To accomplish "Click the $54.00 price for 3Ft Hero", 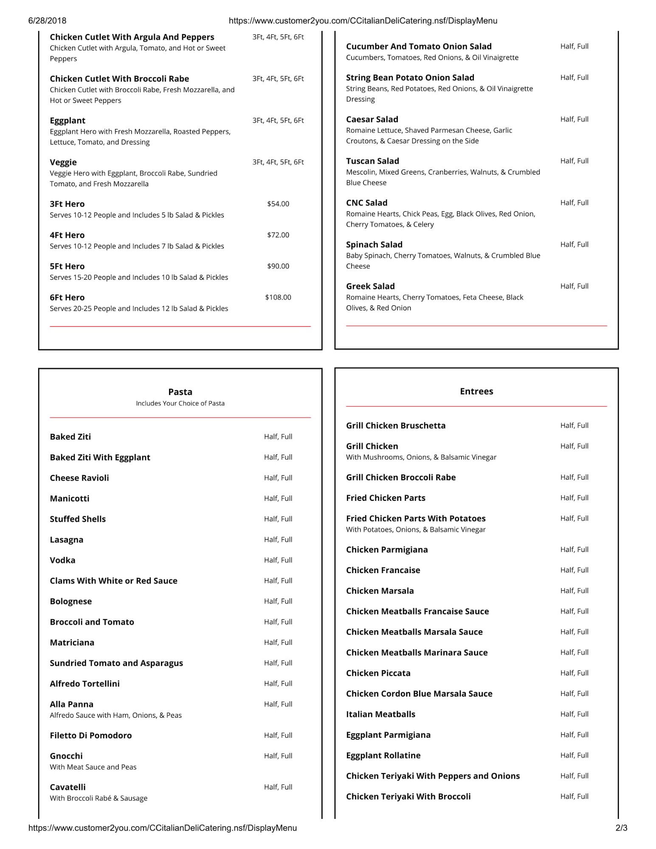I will coord(278,204).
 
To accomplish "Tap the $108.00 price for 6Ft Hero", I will coord(278,297).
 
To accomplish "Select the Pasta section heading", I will coord(180,392).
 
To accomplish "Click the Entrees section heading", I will coord(476,391).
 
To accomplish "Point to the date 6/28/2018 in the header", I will coord(47,21).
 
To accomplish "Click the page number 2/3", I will coord(621,828).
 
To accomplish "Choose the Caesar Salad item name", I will coord(372,119).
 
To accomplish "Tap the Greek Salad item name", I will coord(370,286).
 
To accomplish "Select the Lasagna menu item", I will coord(67,540).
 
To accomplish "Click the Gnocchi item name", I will coord(66,756).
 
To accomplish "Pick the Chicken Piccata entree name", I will coord(378,673).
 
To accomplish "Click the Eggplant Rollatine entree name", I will coord(383,755).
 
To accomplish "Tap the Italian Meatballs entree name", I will coord(380,714).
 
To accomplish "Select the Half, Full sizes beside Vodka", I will coord(278,560).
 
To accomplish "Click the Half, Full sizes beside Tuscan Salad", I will coord(574,161).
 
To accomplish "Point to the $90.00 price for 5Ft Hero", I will coord(278,266).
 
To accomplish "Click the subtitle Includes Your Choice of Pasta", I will coord(180,403).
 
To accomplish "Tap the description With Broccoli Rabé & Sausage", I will coord(99,798).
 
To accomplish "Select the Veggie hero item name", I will coord(63,162).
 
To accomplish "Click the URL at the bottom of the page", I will coord(163,828).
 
